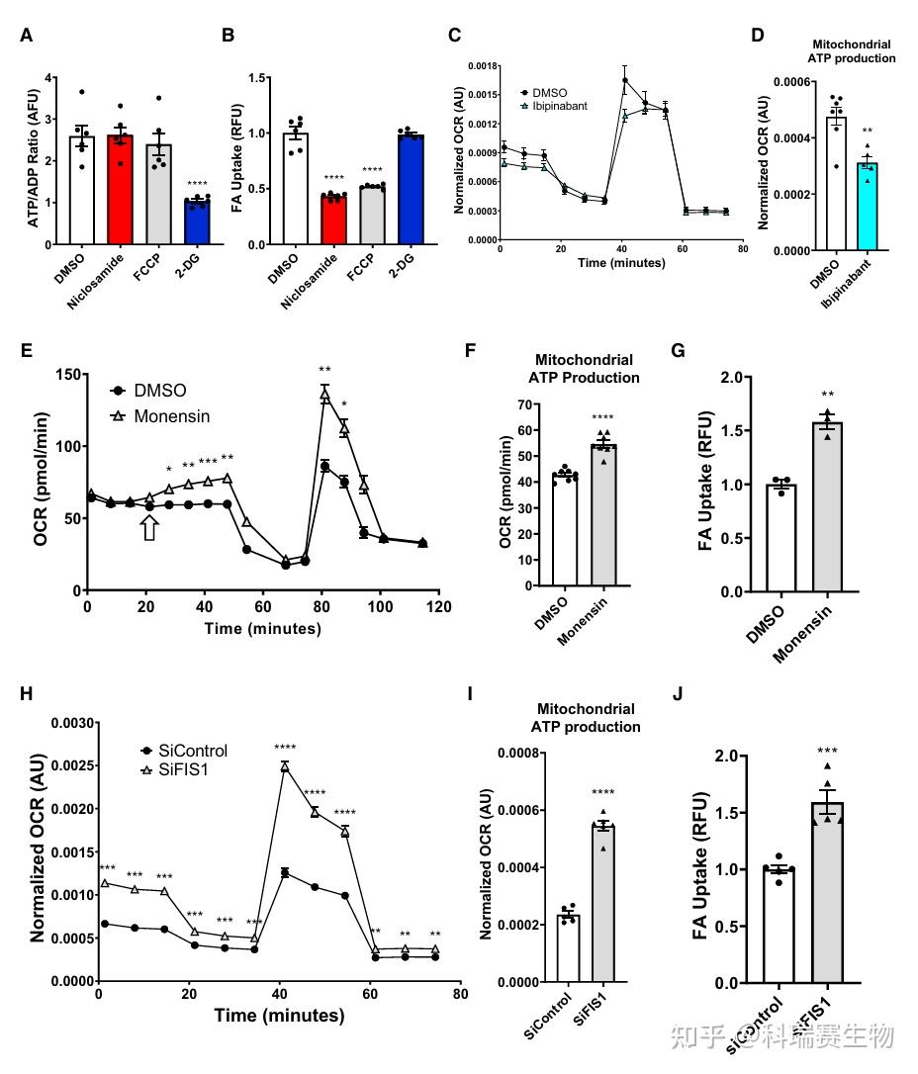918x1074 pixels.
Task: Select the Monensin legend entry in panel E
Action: click(175, 416)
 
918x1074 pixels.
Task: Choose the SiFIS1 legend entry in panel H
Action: click(187, 767)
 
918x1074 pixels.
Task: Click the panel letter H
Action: click(27, 692)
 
